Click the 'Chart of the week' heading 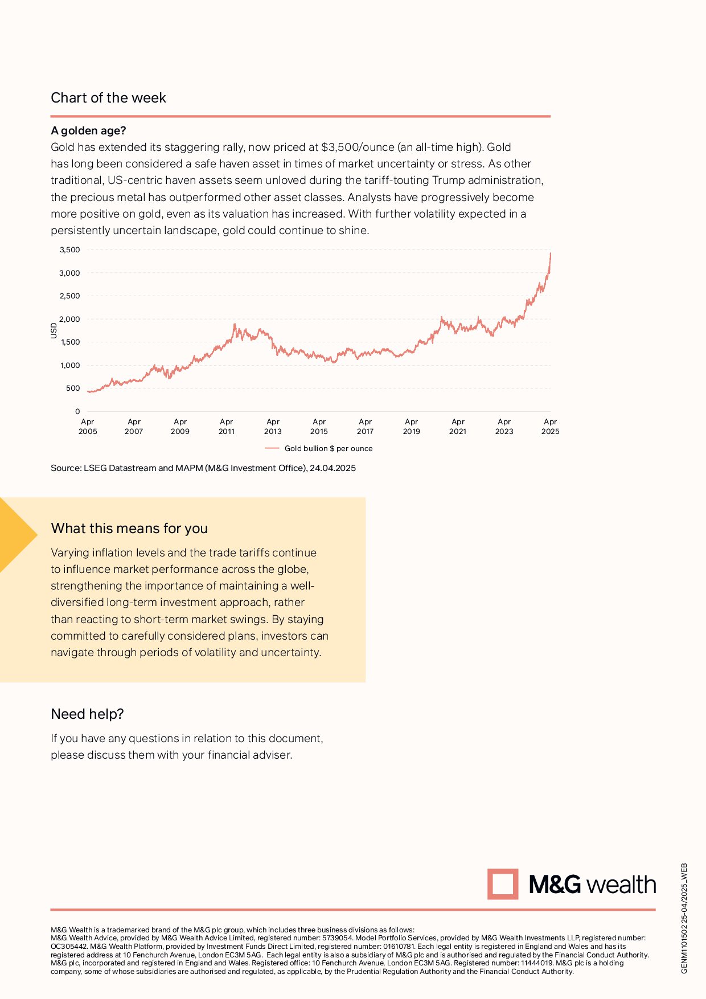point(108,98)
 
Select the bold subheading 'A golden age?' point(88,130)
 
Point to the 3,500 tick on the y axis point(70,250)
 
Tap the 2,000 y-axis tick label point(70,319)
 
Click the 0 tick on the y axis point(77,411)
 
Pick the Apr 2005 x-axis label point(88,427)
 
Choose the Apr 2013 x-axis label point(273,427)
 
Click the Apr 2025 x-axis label point(550,427)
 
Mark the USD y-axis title point(54,330)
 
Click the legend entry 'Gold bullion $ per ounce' point(328,448)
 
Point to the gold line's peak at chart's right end point(551,253)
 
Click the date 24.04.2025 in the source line point(333,468)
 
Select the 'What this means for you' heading point(129,529)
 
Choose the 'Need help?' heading point(87,714)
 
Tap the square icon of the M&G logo point(503,884)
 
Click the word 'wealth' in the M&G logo point(621,885)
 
